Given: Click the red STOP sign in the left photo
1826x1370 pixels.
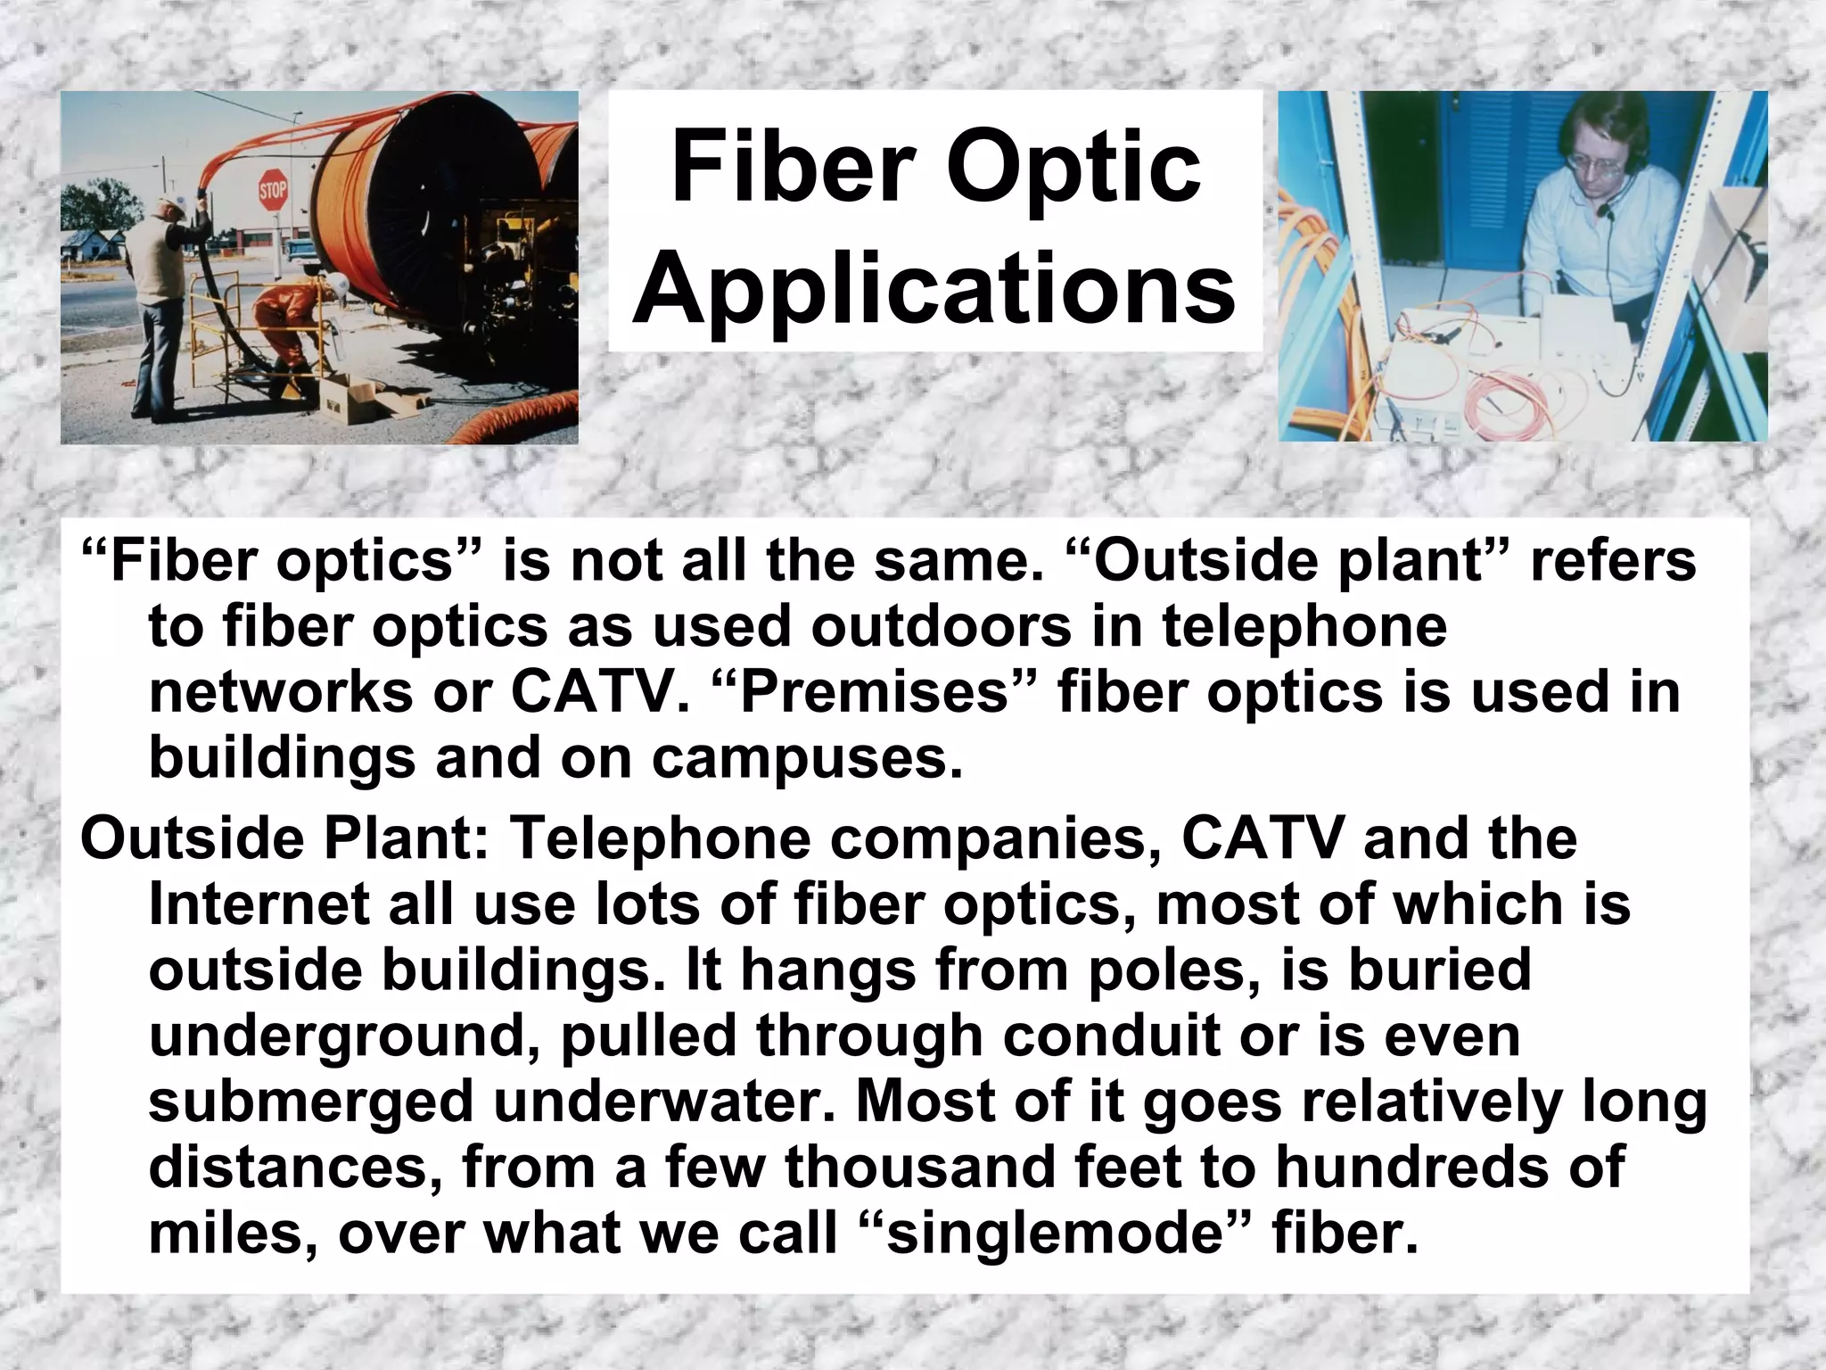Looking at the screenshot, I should coord(273,190).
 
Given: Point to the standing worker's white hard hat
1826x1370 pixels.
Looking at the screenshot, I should coord(177,204).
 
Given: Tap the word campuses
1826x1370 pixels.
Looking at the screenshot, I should coord(807,758).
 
